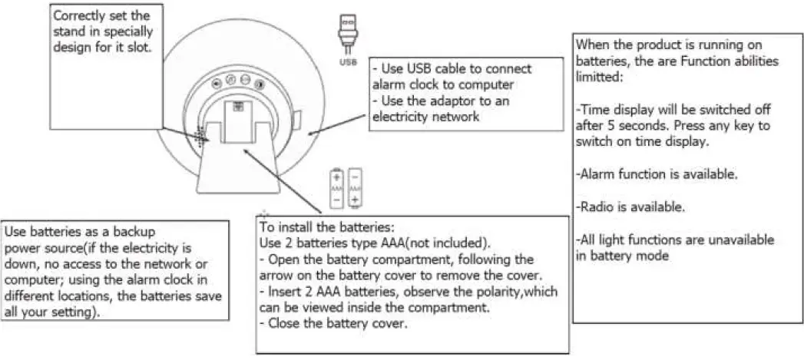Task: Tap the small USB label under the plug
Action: [348, 63]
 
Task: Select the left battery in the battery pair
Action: [336, 188]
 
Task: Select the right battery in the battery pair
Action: [355, 188]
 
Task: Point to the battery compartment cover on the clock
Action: [238, 121]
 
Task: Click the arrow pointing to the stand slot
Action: [186, 134]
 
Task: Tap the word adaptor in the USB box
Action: [453, 101]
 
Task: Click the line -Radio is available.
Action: [630, 207]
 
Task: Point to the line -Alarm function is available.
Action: [657, 174]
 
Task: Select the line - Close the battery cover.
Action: [333, 324]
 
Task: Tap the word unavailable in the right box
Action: [741, 240]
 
